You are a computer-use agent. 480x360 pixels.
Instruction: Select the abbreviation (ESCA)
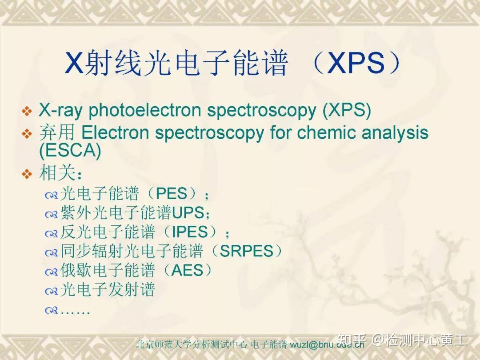click(70, 151)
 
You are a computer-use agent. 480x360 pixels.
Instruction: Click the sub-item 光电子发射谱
click(108, 290)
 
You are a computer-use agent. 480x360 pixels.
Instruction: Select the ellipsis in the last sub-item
click(75, 310)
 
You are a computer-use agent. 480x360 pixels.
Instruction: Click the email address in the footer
click(327, 344)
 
